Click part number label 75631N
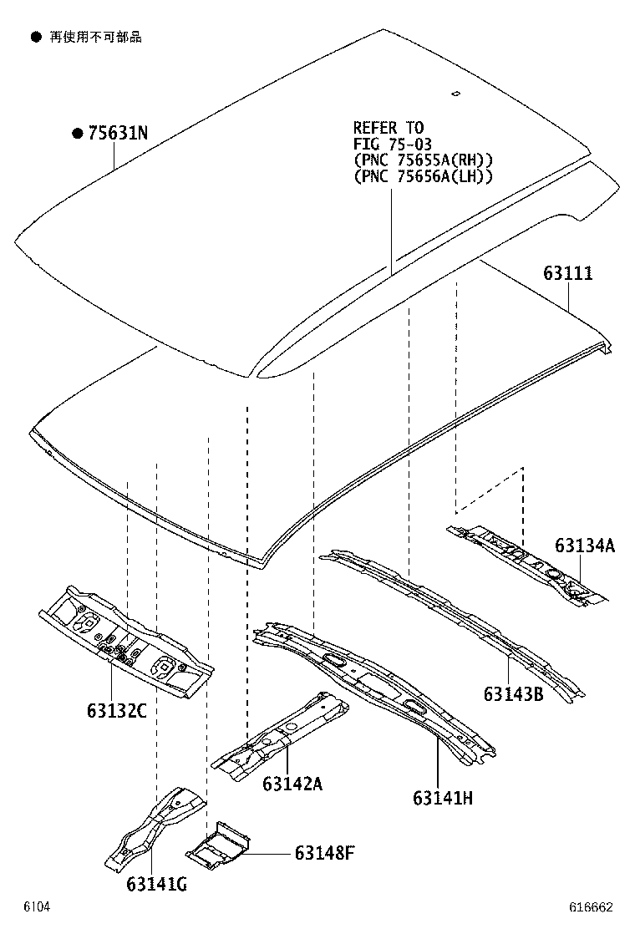(x=118, y=134)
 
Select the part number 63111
(x=567, y=273)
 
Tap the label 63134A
(x=584, y=546)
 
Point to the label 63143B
(x=513, y=693)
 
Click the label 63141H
(x=442, y=798)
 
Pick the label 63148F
(x=324, y=853)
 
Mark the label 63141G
(x=156, y=884)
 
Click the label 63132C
(x=116, y=711)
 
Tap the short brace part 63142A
(x=281, y=734)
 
